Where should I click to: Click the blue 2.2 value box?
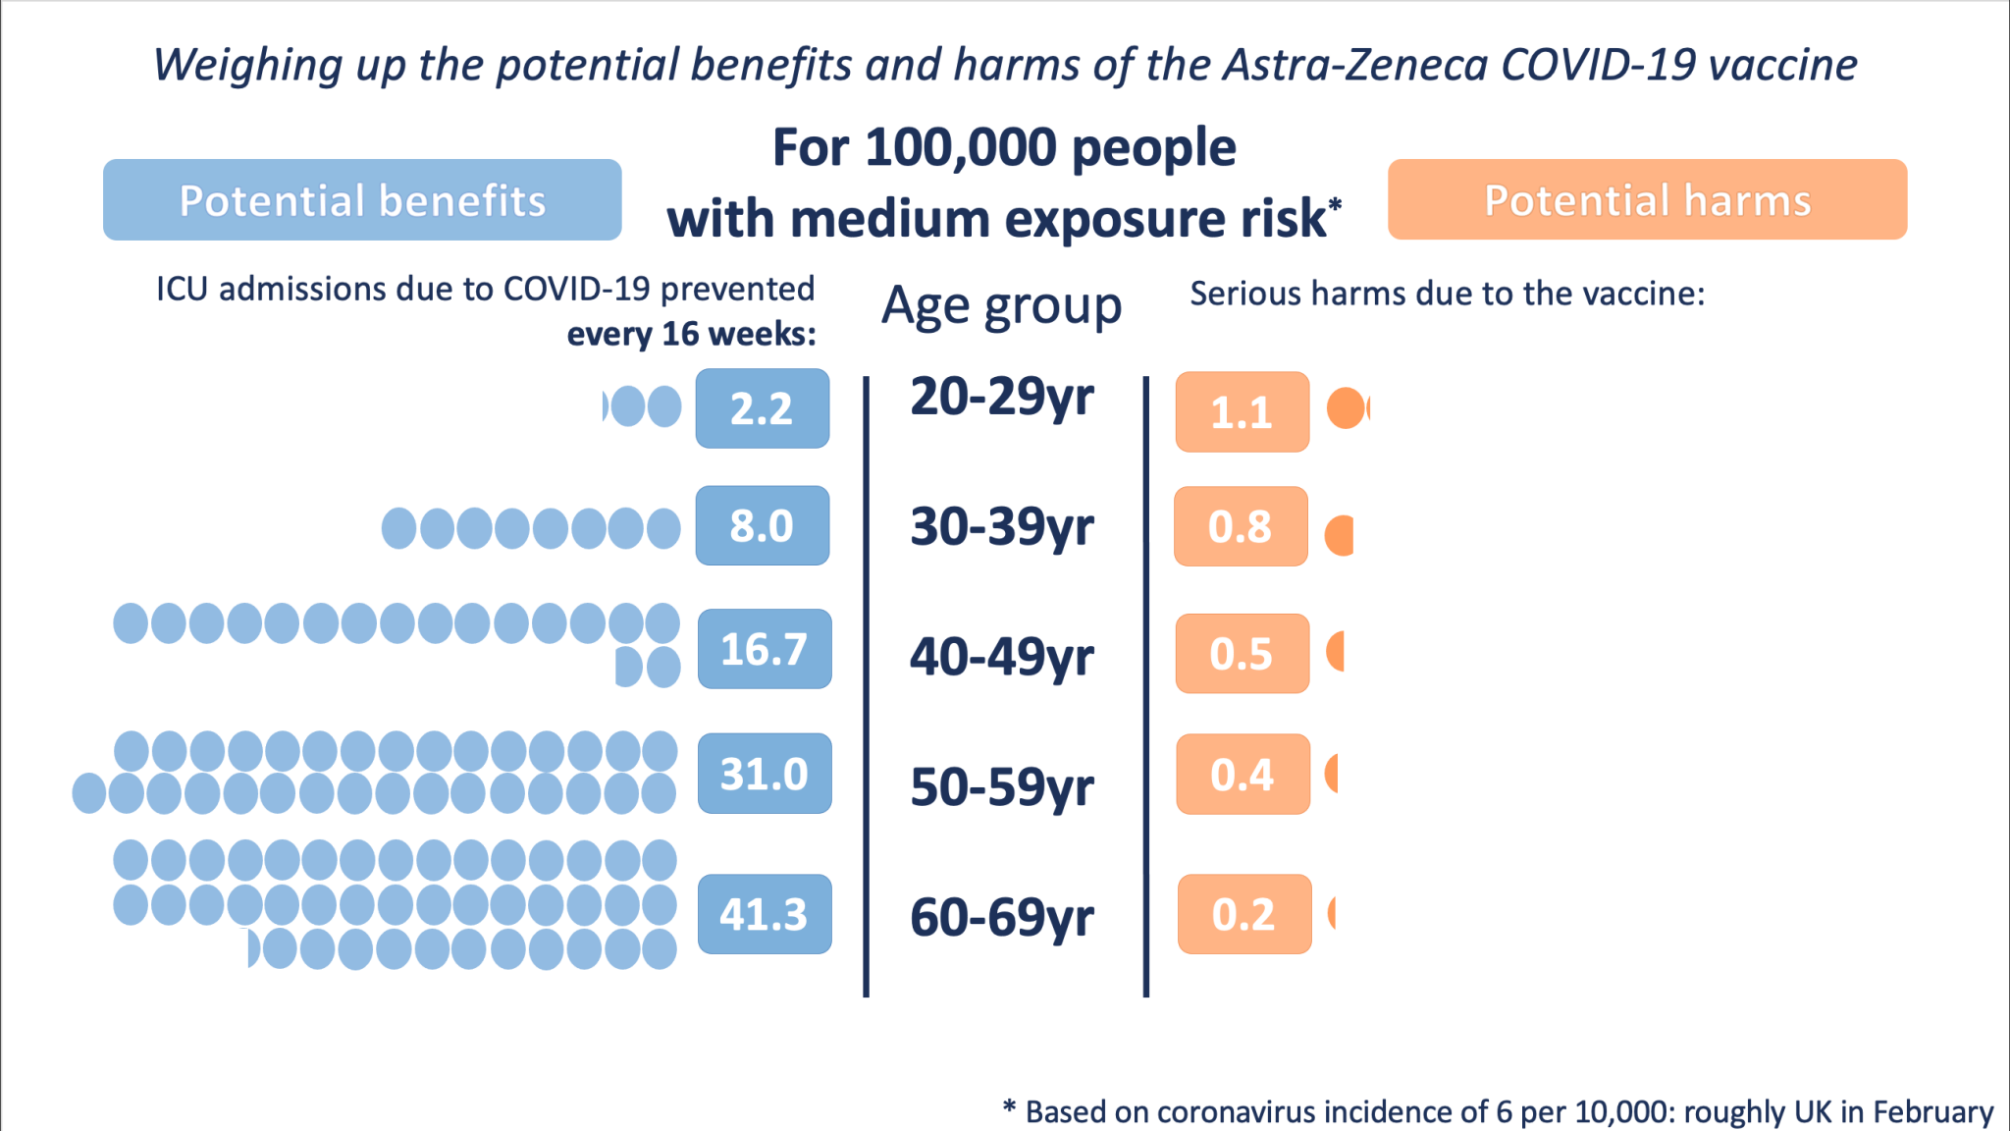(x=763, y=408)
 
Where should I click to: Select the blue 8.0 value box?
(x=763, y=525)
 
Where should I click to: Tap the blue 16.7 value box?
(x=765, y=649)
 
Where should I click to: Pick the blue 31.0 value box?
(x=765, y=774)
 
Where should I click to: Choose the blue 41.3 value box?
(x=765, y=914)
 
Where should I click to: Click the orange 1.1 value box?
(x=1243, y=411)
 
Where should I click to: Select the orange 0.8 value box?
(x=1241, y=526)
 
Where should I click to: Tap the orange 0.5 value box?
(x=1242, y=654)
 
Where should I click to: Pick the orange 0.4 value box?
(x=1243, y=775)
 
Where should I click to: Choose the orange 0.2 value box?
(x=1243, y=914)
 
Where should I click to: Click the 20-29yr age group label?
(x=1002, y=398)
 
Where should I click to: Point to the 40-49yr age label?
(x=1002, y=657)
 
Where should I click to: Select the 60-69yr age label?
(x=1002, y=917)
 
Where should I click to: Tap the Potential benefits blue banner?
(x=362, y=200)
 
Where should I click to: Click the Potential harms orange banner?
(x=1647, y=199)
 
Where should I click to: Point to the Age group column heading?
(x=1001, y=306)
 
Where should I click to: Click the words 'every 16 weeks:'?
(x=692, y=335)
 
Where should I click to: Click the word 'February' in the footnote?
(x=1932, y=1111)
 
